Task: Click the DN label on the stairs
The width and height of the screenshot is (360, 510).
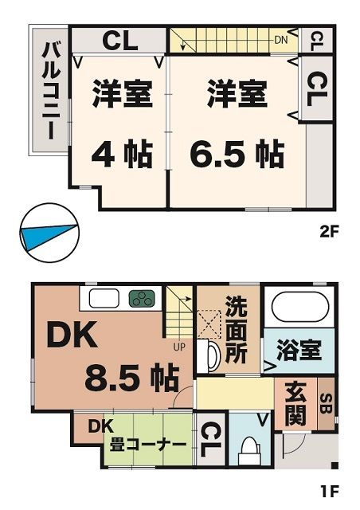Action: point(280,39)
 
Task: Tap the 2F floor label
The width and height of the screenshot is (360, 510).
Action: point(330,234)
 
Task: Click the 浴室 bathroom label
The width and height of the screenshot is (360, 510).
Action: point(299,350)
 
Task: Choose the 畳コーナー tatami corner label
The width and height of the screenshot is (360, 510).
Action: point(143,443)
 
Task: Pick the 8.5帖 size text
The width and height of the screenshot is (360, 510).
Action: point(131,378)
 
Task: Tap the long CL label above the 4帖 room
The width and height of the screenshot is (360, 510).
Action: point(119,41)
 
